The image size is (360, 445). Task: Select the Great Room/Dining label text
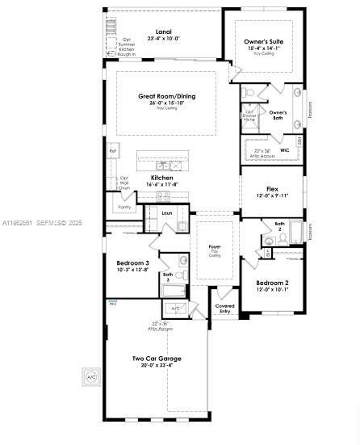[x=166, y=96]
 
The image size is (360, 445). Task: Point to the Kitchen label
[x=162, y=177]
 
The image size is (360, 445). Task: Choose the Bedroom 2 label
[x=272, y=283]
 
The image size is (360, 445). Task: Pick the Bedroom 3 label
[x=133, y=263]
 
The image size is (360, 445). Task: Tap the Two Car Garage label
[x=157, y=358]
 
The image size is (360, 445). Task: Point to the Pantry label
[x=124, y=208]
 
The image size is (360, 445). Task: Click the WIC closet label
[x=285, y=149]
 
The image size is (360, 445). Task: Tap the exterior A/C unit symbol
[x=90, y=376]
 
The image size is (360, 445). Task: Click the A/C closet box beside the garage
[x=175, y=309]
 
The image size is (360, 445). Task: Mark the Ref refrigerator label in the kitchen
[x=113, y=150]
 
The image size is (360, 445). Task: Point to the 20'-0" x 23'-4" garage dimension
[x=157, y=365]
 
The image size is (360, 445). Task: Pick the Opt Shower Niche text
[x=250, y=115]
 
